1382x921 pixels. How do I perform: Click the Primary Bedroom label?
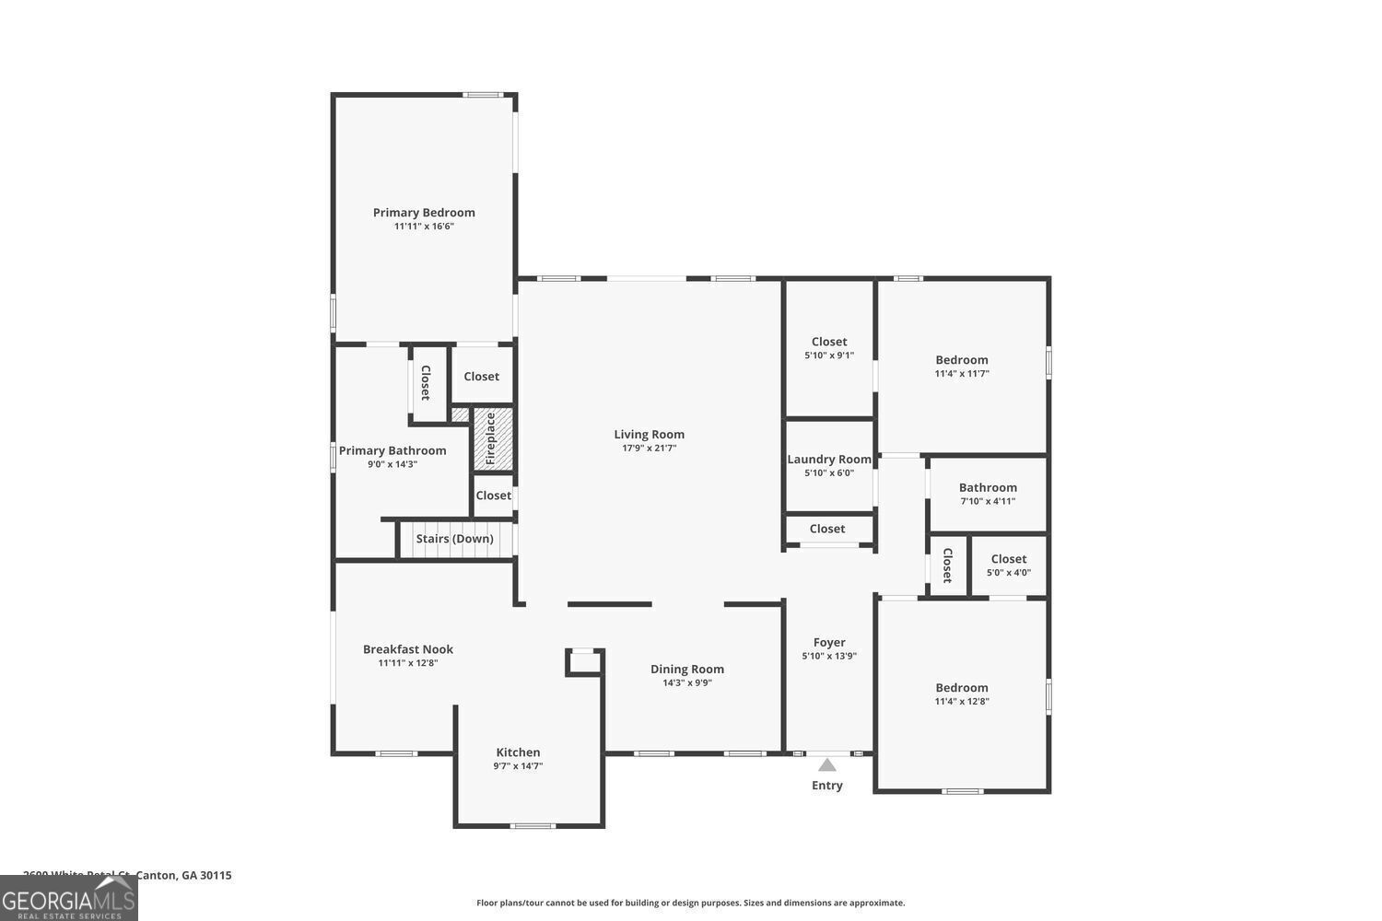pyautogui.click(x=424, y=213)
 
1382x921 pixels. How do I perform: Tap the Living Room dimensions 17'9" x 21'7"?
pyautogui.click(x=650, y=449)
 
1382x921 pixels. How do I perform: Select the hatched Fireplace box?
pyautogui.click(x=492, y=438)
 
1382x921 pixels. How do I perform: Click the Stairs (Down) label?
pyautogui.click(x=454, y=539)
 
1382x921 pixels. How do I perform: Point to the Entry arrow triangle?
pyautogui.click(x=827, y=764)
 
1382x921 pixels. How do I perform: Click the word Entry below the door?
pyautogui.click(x=827, y=786)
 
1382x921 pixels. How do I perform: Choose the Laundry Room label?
pyautogui.click(x=829, y=460)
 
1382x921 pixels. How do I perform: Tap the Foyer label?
pyautogui.click(x=829, y=643)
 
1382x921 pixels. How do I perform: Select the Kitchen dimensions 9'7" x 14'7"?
pyautogui.click(x=518, y=765)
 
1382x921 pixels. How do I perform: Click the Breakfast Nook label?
pyautogui.click(x=408, y=649)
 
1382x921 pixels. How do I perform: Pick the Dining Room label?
pyautogui.click(x=687, y=670)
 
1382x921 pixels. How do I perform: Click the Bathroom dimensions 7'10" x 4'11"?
pyautogui.click(x=988, y=501)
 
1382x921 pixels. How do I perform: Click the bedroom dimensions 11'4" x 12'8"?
pyautogui.click(x=962, y=701)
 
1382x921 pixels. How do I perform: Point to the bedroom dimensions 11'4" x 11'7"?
pyautogui.click(x=962, y=374)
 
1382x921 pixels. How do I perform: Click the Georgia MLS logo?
pyautogui.click(x=69, y=899)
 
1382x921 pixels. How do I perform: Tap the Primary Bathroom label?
pyautogui.click(x=392, y=451)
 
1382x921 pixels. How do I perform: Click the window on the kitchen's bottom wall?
pyautogui.click(x=533, y=825)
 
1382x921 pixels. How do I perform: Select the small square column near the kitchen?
pyautogui.click(x=584, y=661)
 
